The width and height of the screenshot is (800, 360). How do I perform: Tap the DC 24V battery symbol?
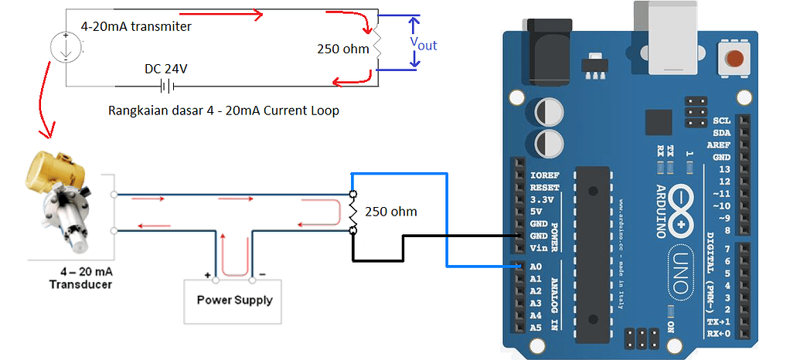pyautogui.click(x=165, y=86)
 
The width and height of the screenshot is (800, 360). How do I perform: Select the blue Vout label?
pyautogui.click(x=423, y=45)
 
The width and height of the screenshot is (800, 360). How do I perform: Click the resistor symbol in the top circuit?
pyautogui.click(x=377, y=45)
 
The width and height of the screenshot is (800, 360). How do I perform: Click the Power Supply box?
pyautogui.click(x=234, y=300)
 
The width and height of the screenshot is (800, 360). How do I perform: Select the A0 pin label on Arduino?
pyautogui.click(x=536, y=267)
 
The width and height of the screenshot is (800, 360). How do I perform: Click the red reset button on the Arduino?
pyautogui.click(x=735, y=58)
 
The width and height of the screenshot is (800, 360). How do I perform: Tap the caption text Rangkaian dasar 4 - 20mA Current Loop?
pyautogui.click(x=224, y=110)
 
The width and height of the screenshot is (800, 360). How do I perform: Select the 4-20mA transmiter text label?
pyautogui.click(x=136, y=26)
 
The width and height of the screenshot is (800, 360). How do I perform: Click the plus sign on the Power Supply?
pyautogui.click(x=208, y=275)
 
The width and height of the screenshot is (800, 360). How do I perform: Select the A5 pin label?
pyautogui.click(x=536, y=328)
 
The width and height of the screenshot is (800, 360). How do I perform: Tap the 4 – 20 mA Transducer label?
pyautogui.click(x=80, y=277)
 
